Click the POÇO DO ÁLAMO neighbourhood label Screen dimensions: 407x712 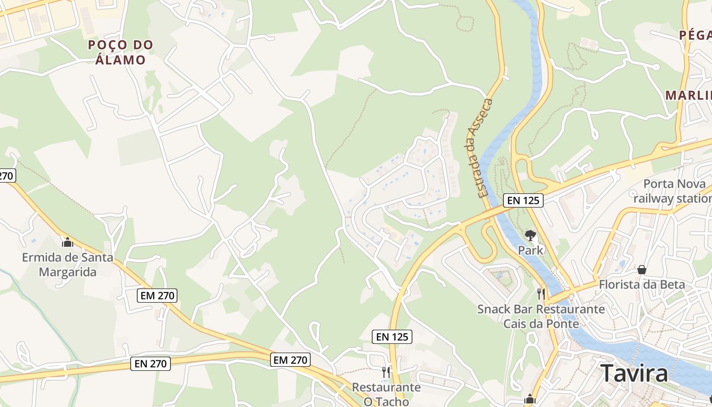(121, 52)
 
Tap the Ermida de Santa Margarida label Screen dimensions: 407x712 (68, 265)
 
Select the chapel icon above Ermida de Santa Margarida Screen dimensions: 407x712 (68, 242)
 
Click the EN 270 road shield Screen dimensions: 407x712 (150, 363)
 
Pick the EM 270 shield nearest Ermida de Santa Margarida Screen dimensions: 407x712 (158, 295)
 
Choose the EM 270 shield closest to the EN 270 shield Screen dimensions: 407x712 (290, 360)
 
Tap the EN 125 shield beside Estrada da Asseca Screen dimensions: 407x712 (523, 200)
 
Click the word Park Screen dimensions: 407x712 (531, 250)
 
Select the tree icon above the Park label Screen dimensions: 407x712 (531, 236)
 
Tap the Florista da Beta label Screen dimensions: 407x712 (642, 284)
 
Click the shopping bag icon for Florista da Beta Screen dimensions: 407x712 (642, 269)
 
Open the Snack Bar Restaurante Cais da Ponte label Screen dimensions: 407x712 (541, 316)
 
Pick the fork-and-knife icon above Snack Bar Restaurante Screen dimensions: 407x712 (541, 294)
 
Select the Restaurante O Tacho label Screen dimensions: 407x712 (387, 394)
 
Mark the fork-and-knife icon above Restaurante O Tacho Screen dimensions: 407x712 (387, 372)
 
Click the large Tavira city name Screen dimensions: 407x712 (634, 374)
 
